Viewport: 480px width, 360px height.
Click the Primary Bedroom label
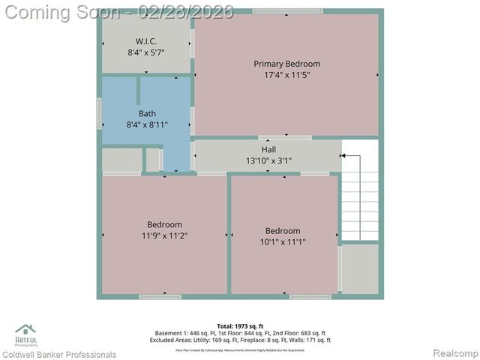[286, 64]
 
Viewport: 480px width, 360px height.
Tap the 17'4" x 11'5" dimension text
[286, 75]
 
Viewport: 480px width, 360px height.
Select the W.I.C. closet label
[146, 40]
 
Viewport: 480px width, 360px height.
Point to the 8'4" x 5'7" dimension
[146, 52]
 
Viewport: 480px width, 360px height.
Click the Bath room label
[147, 113]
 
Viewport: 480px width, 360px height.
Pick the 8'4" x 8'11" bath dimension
[147, 124]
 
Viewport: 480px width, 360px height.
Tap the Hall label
[268, 150]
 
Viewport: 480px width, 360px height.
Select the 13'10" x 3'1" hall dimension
[268, 160]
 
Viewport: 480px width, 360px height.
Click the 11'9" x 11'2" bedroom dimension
[164, 235]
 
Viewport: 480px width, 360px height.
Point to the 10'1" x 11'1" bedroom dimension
[285, 241]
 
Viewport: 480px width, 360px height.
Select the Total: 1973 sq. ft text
[240, 326]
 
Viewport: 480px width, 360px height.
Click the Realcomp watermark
[453, 353]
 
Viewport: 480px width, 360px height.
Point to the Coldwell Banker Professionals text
[59, 354]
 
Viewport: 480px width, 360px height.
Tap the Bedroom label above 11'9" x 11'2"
[164, 224]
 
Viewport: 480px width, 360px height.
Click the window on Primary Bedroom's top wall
[287, 10]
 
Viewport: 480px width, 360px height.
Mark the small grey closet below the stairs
[360, 268]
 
